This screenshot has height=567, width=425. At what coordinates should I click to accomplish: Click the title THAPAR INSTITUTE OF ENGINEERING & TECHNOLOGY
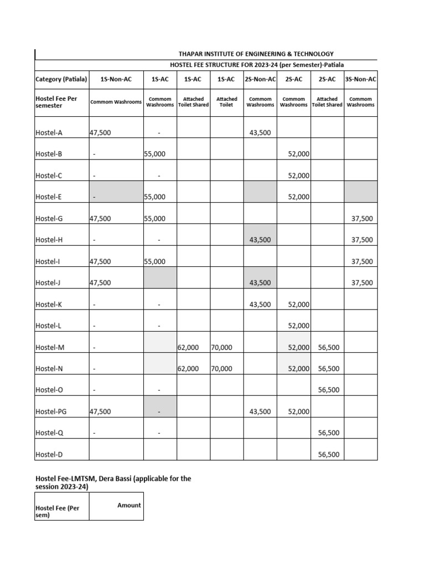point(256,54)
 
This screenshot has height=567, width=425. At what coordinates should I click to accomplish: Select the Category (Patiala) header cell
point(61,79)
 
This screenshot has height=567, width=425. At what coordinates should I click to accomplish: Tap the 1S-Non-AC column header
point(116,79)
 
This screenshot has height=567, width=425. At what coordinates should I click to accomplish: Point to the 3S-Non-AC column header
point(360,79)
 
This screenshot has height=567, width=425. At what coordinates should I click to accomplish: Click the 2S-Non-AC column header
point(260,79)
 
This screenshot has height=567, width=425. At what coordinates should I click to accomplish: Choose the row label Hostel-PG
point(49,411)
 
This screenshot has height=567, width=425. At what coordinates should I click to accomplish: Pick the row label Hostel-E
point(46,197)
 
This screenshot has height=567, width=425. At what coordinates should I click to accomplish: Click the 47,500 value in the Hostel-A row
point(100,132)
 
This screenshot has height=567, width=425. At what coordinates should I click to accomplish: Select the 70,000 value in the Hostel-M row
point(221,347)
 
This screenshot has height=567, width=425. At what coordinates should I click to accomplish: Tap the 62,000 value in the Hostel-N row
point(188,369)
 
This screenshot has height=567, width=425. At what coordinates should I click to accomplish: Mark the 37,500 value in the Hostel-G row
point(362,219)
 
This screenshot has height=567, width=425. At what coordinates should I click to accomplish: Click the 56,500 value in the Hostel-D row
point(329,455)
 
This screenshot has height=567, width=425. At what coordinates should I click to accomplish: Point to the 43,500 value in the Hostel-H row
point(260,240)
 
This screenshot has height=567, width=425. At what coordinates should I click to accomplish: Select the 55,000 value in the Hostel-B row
point(155,154)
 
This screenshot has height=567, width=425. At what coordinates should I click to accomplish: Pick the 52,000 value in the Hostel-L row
point(299,326)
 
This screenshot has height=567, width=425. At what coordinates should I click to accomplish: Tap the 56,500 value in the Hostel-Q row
point(329,433)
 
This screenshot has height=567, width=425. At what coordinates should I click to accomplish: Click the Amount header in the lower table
point(129,505)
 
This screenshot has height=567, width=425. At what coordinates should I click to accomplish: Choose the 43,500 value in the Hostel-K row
point(260,305)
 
